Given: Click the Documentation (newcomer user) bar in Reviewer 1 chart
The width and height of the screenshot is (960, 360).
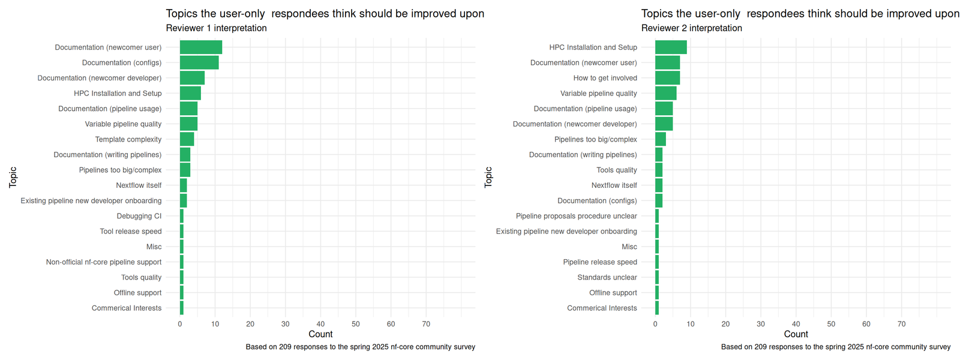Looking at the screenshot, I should point(200,47).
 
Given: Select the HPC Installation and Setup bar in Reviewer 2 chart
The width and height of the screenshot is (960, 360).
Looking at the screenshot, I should point(671,47).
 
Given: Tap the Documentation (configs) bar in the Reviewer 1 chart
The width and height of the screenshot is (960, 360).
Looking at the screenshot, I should point(199,62).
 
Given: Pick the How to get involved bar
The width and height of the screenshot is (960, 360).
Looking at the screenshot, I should point(667,78).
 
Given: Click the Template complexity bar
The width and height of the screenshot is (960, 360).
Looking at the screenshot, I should point(187,139).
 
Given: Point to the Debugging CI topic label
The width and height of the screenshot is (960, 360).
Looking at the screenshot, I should point(139,216).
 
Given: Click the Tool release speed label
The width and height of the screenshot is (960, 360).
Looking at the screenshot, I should point(130,232).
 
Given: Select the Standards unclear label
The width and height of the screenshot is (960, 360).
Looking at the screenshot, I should point(607,277).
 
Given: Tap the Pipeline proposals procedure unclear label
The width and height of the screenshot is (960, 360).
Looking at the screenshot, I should point(576,216).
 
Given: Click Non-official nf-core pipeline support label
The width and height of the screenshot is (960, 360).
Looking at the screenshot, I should point(103,262).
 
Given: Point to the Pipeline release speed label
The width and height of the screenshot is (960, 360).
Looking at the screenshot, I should point(599,262).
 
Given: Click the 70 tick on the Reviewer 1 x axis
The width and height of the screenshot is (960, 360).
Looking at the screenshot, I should point(426,324).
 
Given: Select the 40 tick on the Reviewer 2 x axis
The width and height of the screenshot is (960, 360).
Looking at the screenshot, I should point(796,324).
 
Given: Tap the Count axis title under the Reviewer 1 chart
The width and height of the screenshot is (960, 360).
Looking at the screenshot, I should point(320,334).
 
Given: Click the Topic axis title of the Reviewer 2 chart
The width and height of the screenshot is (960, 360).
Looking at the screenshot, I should point(488,178).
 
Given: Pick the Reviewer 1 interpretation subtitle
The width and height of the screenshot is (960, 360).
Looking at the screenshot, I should point(216,28).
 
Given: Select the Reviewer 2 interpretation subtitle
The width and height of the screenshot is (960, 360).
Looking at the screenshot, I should point(691,28).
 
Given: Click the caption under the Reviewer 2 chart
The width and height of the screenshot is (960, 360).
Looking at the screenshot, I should point(835,347).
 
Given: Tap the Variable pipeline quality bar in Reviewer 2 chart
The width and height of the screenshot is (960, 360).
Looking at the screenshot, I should point(665,93).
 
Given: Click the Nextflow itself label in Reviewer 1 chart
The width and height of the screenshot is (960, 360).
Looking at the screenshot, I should point(139,185).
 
